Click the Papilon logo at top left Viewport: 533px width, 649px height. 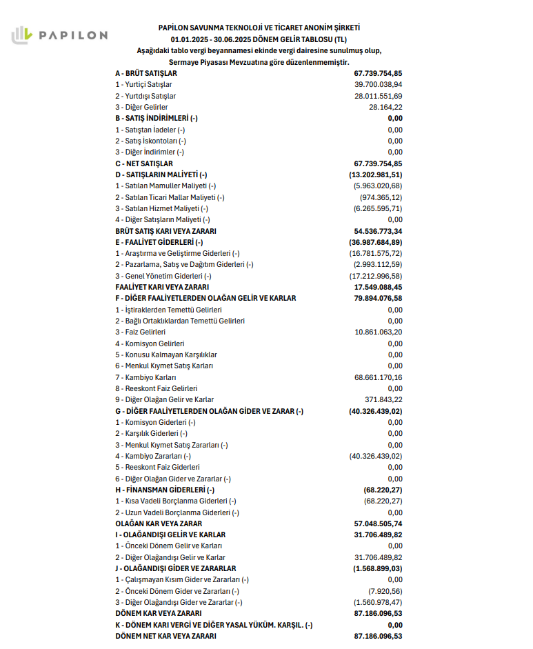coord(59,34)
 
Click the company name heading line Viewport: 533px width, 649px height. coord(259,28)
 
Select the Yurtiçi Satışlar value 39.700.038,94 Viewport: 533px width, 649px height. coord(378,84)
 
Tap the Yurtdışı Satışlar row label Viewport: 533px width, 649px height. coord(145,96)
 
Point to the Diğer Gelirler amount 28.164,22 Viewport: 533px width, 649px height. coord(385,107)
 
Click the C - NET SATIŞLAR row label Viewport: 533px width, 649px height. coord(143,163)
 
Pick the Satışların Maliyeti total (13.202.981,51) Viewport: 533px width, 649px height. coord(375,174)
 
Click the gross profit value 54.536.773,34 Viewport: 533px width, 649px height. coord(377,231)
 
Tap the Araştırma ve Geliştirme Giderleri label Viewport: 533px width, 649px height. coord(177,253)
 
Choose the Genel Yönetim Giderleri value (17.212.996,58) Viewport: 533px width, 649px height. coord(376,276)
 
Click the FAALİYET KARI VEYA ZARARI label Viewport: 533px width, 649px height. coord(162,287)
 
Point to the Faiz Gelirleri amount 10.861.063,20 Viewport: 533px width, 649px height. coord(378,332)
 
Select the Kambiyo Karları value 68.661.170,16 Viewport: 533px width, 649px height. coord(378,377)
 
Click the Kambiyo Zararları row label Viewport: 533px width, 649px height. coord(153,456)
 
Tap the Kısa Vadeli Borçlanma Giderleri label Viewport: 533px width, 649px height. coord(176,501)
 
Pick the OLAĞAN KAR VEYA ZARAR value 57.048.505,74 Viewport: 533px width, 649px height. coord(377,523)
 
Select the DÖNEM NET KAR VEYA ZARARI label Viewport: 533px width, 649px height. coord(165,636)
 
